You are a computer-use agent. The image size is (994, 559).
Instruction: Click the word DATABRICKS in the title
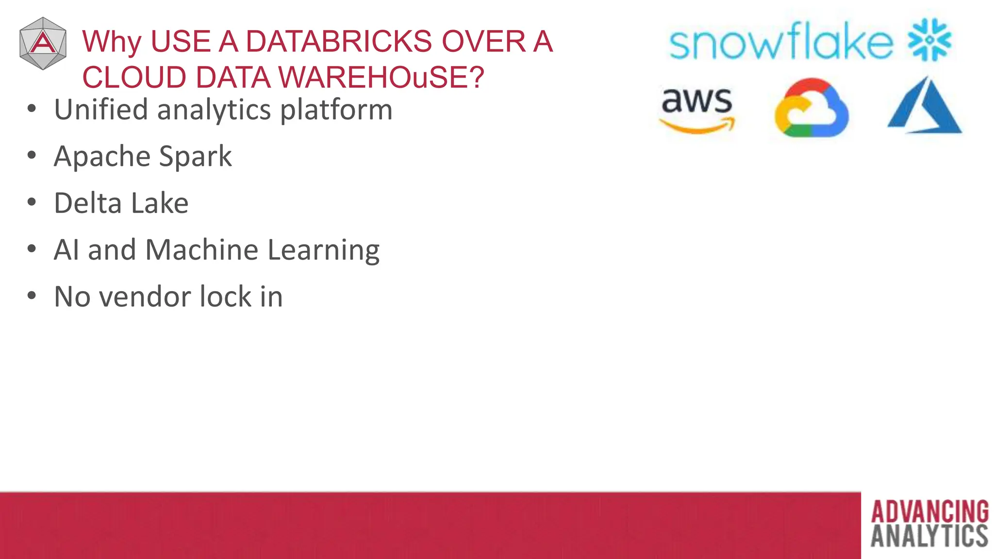[339, 41]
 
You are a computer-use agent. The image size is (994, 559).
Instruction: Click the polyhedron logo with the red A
[43, 44]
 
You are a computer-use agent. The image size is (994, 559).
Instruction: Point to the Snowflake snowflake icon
[929, 40]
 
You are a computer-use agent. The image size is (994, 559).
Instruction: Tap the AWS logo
[697, 109]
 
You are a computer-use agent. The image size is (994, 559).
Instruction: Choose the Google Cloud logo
[811, 108]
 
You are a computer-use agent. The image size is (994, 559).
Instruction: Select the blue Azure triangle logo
[924, 106]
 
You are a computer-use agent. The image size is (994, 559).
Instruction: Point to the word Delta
[87, 203]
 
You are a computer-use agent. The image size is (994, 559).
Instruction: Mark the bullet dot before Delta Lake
[32, 202]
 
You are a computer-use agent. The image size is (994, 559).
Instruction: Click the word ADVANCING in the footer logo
[929, 512]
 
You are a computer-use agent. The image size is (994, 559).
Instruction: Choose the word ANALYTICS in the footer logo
[929, 536]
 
